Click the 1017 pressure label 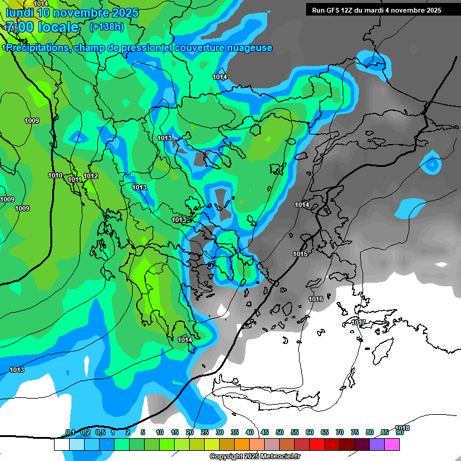click(358, 323)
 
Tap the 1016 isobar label click(316, 299)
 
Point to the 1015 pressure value click(300, 255)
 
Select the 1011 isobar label click(74, 179)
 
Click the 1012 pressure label click(91, 176)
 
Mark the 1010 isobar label click(55, 175)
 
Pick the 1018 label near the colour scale click(403, 428)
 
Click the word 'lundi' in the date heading click(19, 13)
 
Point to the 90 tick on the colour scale click(399, 433)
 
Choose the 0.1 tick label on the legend click(70, 433)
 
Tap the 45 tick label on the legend click(265, 433)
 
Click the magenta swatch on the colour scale click(392, 444)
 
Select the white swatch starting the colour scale click(61, 444)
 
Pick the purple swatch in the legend click(377, 444)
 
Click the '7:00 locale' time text click(42, 28)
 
